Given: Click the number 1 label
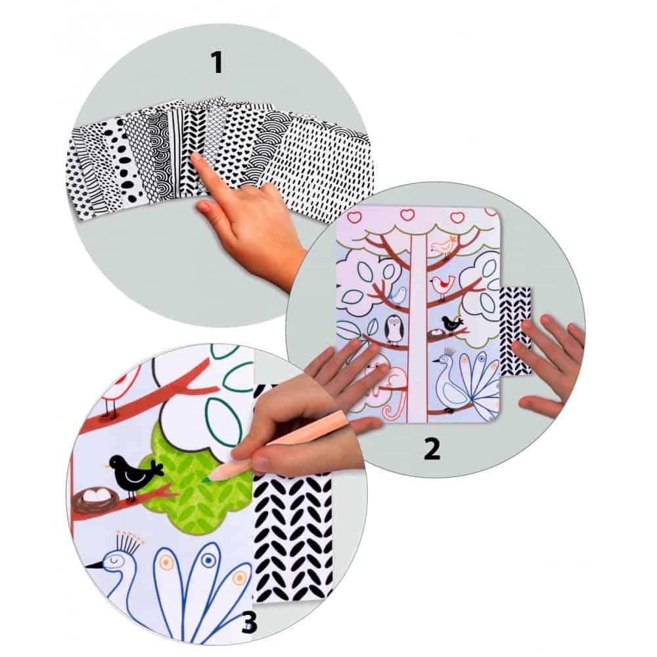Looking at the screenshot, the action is [217, 62].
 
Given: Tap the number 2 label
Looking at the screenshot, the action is [432, 449].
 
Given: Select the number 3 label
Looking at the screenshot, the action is [249, 623].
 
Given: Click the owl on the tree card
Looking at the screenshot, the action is [394, 330].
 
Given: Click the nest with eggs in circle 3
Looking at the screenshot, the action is [95, 499].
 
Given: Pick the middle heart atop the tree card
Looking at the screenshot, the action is [407, 215].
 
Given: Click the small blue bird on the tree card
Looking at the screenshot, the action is [399, 296].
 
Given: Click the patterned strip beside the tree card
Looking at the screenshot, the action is [515, 331].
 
